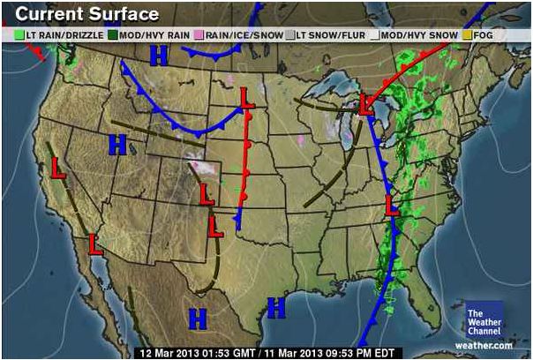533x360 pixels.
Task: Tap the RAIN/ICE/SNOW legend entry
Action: tap(244, 35)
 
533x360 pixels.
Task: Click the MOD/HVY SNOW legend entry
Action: tap(418, 35)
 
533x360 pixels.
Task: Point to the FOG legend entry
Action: tap(481, 35)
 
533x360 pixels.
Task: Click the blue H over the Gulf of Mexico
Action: tap(276, 308)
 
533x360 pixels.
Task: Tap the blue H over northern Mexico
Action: tap(198, 319)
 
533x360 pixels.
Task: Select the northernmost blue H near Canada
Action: tap(159, 56)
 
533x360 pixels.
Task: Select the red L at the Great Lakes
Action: tap(367, 106)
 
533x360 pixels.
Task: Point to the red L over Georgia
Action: tap(394, 206)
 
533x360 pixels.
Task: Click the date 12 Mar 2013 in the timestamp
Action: tap(171, 352)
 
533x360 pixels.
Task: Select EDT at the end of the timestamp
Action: tap(379, 352)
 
